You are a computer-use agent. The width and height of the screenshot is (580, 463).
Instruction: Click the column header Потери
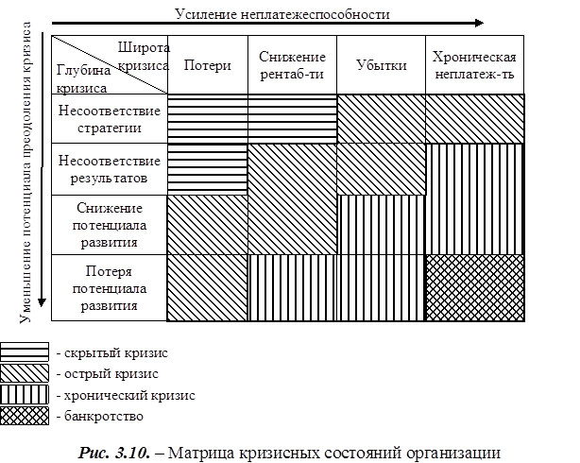coord(206,66)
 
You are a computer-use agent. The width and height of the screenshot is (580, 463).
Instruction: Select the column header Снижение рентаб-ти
coord(292,65)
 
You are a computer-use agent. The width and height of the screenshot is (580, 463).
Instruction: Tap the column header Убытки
coord(382,66)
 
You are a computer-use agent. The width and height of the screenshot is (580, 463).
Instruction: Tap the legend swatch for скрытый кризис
coord(26,352)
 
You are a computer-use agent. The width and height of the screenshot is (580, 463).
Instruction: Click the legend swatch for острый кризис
coord(26,373)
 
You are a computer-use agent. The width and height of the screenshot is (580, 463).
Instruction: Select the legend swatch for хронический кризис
coord(26,394)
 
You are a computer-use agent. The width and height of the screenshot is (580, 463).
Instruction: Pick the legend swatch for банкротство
coord(26,415)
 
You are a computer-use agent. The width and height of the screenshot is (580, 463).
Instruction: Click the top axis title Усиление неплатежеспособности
coord(281,13)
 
